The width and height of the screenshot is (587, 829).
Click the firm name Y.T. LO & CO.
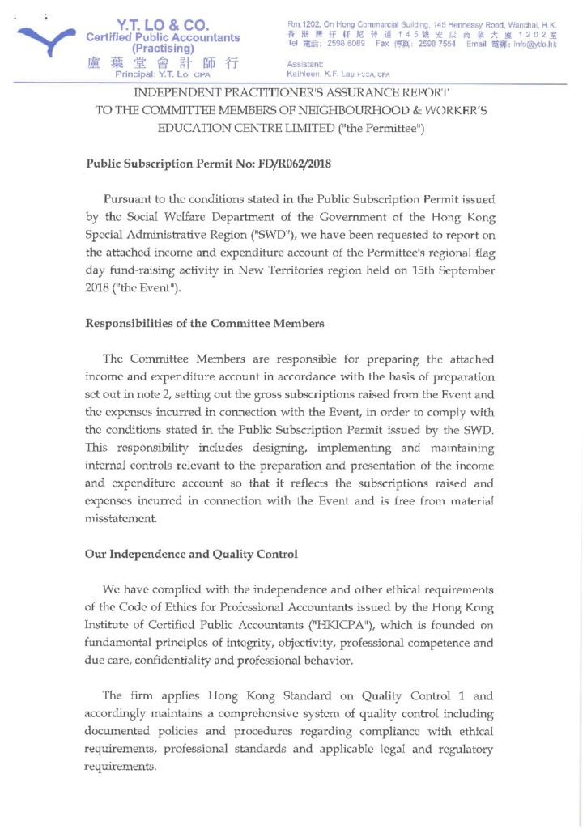click(x=163, y=24)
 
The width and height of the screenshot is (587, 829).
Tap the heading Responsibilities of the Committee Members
click(x=205, y=324)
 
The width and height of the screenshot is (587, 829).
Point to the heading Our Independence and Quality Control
click(x=191, y=555)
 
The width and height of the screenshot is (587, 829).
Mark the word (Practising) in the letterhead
click(x=163, y=48)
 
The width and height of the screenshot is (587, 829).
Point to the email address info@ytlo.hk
click(x=535, y=45)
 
